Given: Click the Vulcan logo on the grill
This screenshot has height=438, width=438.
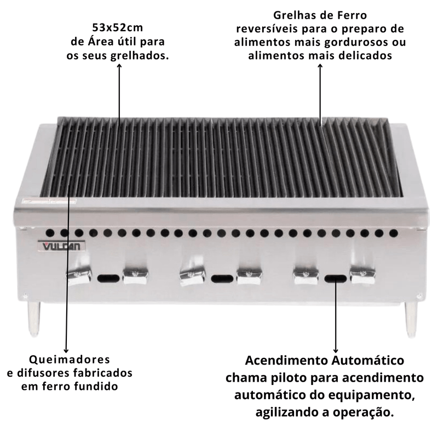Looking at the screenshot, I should click(61, 245).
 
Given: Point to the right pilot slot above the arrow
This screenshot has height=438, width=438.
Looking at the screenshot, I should click(335, 279).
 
